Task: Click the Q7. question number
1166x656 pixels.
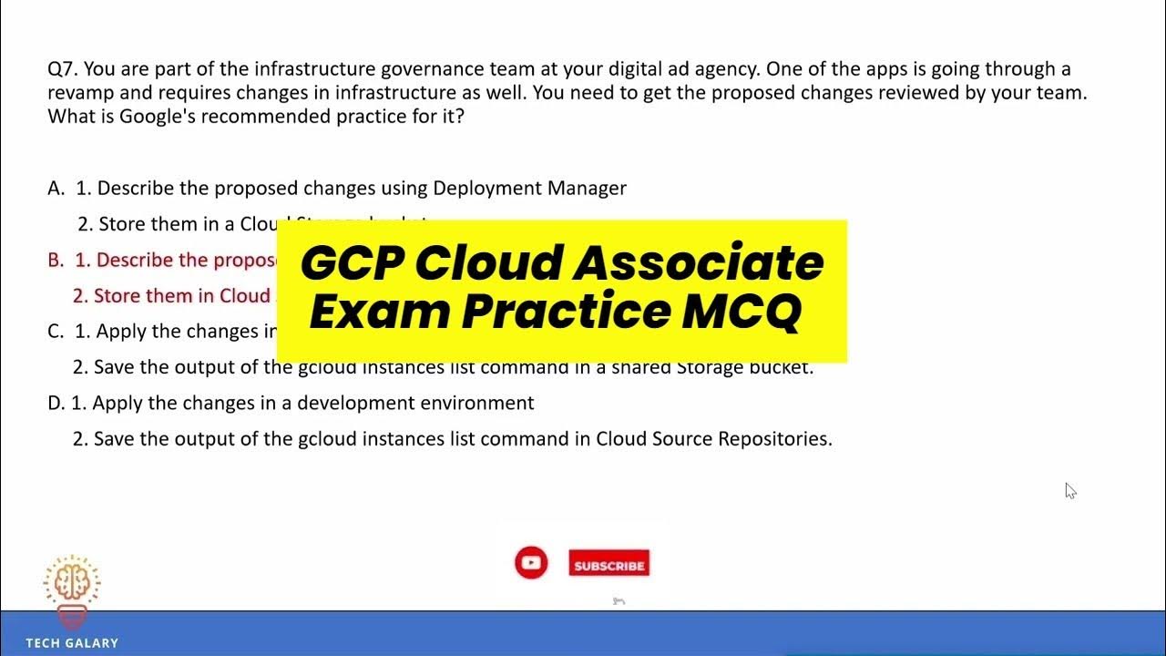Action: click(x=62, y=69)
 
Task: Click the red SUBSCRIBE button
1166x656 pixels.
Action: click(x=609, y=565)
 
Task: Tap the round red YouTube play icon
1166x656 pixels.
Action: click(x=531, y=563)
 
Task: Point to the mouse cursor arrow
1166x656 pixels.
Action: click(x=1069, y=490)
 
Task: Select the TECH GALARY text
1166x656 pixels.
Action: click(x=72, y=643)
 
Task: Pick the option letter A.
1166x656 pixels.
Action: click(x=56, y=189)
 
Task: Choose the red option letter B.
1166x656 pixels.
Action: click(x=56, y=261)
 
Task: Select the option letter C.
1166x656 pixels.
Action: click(x=56, y=332)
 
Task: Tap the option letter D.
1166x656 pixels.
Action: click(x=55, y=403)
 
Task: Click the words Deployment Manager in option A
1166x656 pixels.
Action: click(x=529, y=189)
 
